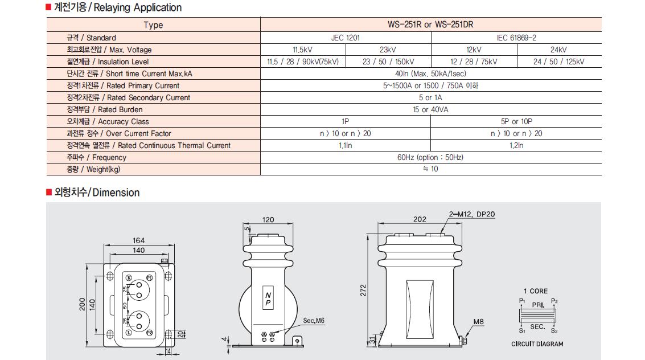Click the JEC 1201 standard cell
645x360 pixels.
click(346, 38)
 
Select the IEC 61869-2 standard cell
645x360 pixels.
click(516, 38)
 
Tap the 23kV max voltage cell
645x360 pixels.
click(388, 50)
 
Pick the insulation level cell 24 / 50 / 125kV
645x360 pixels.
click(559, 62)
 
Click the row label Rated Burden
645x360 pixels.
click(105, 109)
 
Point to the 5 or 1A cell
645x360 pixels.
click(431, 97)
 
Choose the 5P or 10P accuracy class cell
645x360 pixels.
click(516, 121)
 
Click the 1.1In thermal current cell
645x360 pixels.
click(346, 145)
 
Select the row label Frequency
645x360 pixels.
click(96, 157)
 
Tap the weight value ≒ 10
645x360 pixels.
click(431, 169)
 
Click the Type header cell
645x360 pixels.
click(154, 24)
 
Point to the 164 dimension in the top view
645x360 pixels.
click(139, 240)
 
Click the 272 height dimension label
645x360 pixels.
click(363, 291)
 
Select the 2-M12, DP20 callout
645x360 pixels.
click(472, 214)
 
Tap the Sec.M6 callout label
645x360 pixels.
click(314, 321)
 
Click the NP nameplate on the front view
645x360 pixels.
click(268, 298)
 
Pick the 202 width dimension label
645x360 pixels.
click(420, 219)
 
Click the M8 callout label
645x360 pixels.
click(478, 322)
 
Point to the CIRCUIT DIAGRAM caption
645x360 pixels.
click(537, 344)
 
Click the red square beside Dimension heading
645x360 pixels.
click(49, 193)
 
